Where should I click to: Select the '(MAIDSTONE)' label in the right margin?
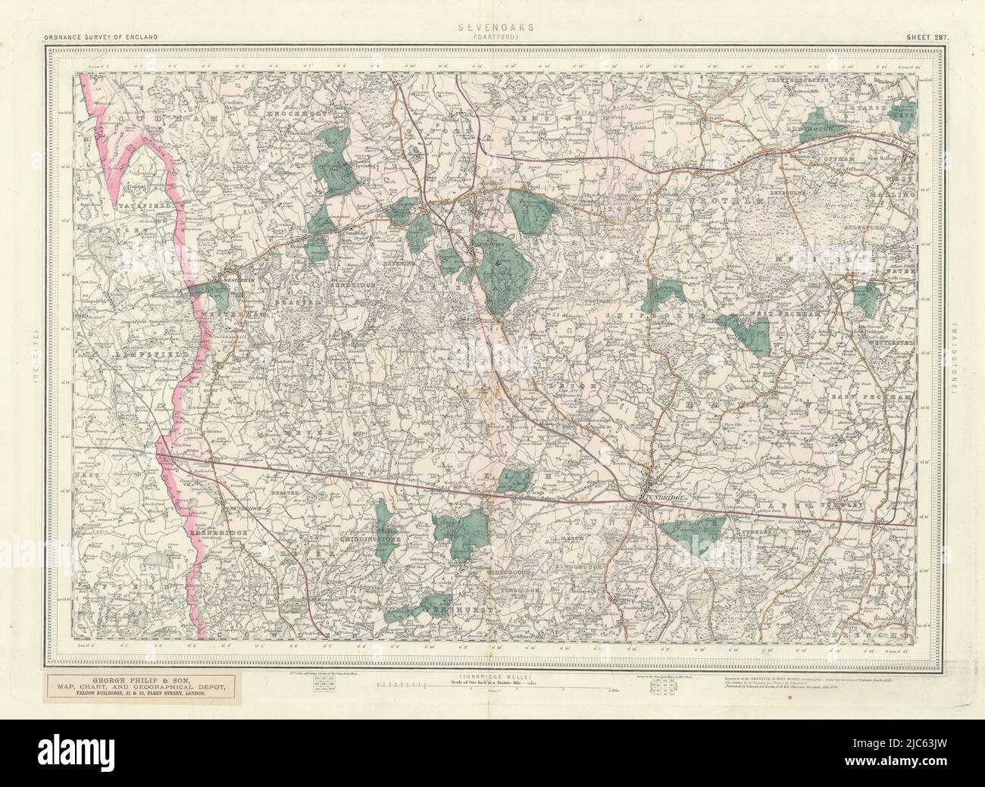click(x=956, y=356)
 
